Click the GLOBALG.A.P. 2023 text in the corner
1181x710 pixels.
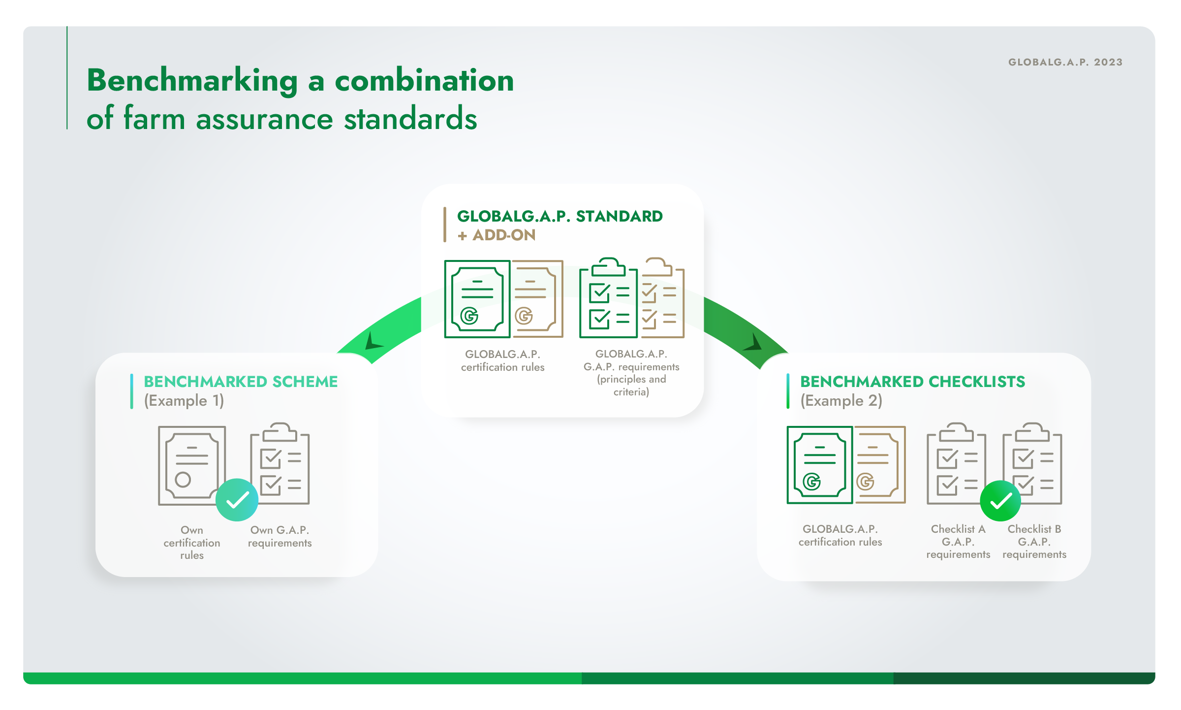[1065, 62]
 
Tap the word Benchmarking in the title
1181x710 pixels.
[192, 81]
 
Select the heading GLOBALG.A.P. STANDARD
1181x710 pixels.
[560, 216]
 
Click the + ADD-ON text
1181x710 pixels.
[497, 235]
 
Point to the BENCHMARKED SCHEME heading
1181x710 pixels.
[241, 382]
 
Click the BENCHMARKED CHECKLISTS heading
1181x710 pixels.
[913, 382]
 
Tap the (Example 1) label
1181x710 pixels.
[184, 401]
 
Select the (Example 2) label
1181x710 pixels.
[841, 401]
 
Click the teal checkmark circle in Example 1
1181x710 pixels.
[237, 500]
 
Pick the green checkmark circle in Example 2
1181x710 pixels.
[1000, 501]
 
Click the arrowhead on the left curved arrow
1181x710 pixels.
[373, 341]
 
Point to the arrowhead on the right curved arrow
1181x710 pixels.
[753, 343]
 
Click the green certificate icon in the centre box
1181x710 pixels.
[477, 299]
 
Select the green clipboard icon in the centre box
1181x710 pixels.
[608, 297]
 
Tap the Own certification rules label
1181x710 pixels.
[192, 543]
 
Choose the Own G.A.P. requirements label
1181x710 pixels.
[280, 536]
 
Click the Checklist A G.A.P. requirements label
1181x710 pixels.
[958, 542]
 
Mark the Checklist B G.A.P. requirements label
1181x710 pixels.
[1034, 542]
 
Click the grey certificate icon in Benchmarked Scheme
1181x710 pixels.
[191, 465]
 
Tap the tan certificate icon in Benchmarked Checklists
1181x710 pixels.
[880, 465]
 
